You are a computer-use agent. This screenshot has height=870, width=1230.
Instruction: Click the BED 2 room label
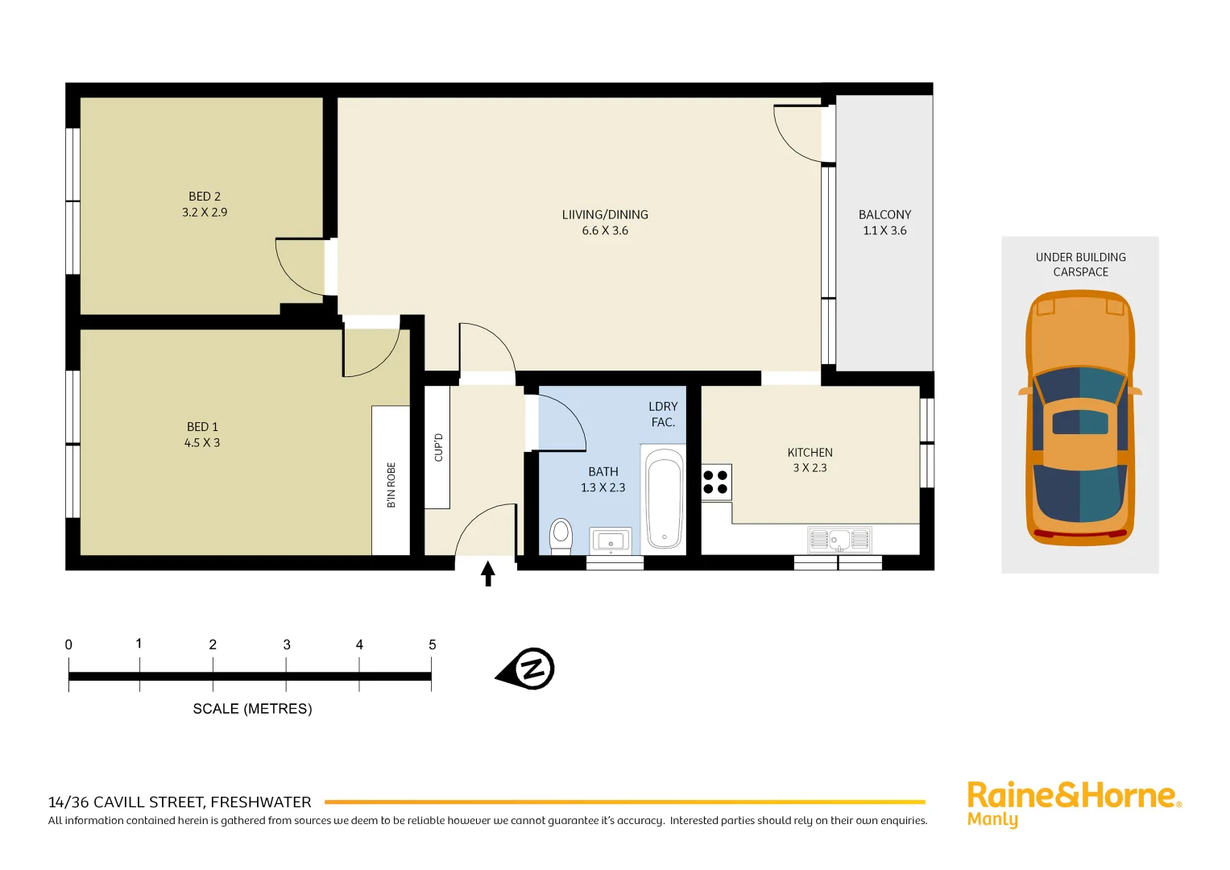[x=205, y=197]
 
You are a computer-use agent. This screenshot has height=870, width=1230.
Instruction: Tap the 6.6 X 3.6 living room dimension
[x=605, y=230]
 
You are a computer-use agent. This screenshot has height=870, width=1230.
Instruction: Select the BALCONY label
[x=884, y=215]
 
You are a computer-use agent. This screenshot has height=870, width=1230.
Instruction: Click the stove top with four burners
[x=715, y=482]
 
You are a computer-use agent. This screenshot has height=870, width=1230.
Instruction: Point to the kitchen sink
[x=839, y=539]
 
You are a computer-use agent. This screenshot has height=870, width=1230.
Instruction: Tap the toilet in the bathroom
[x=561, y=536]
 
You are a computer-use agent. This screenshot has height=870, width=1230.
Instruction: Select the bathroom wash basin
[x=611, y=540]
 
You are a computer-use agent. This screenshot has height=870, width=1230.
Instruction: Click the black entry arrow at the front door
[x=487, y=574]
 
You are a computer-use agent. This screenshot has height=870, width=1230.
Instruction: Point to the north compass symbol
[x=527, y=669]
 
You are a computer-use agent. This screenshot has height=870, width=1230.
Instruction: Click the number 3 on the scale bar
[x=287, y=644]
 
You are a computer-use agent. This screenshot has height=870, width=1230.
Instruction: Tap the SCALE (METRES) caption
[x=252, y=709]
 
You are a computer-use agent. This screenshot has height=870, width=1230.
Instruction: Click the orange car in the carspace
[x=1079, y=419]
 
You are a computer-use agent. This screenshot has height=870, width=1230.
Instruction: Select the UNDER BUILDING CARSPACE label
[x=1080, y=264]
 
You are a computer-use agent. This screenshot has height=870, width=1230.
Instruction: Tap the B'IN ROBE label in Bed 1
[x=391, y=485]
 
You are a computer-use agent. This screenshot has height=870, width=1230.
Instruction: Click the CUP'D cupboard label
[x=438, y=447]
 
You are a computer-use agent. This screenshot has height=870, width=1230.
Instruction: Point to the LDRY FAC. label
[x=663, y=414]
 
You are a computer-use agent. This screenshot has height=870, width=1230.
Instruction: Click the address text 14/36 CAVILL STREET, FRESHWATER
[x=180, y=802]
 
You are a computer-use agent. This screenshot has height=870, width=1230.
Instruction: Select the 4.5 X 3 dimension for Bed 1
[x=202, y=443]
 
